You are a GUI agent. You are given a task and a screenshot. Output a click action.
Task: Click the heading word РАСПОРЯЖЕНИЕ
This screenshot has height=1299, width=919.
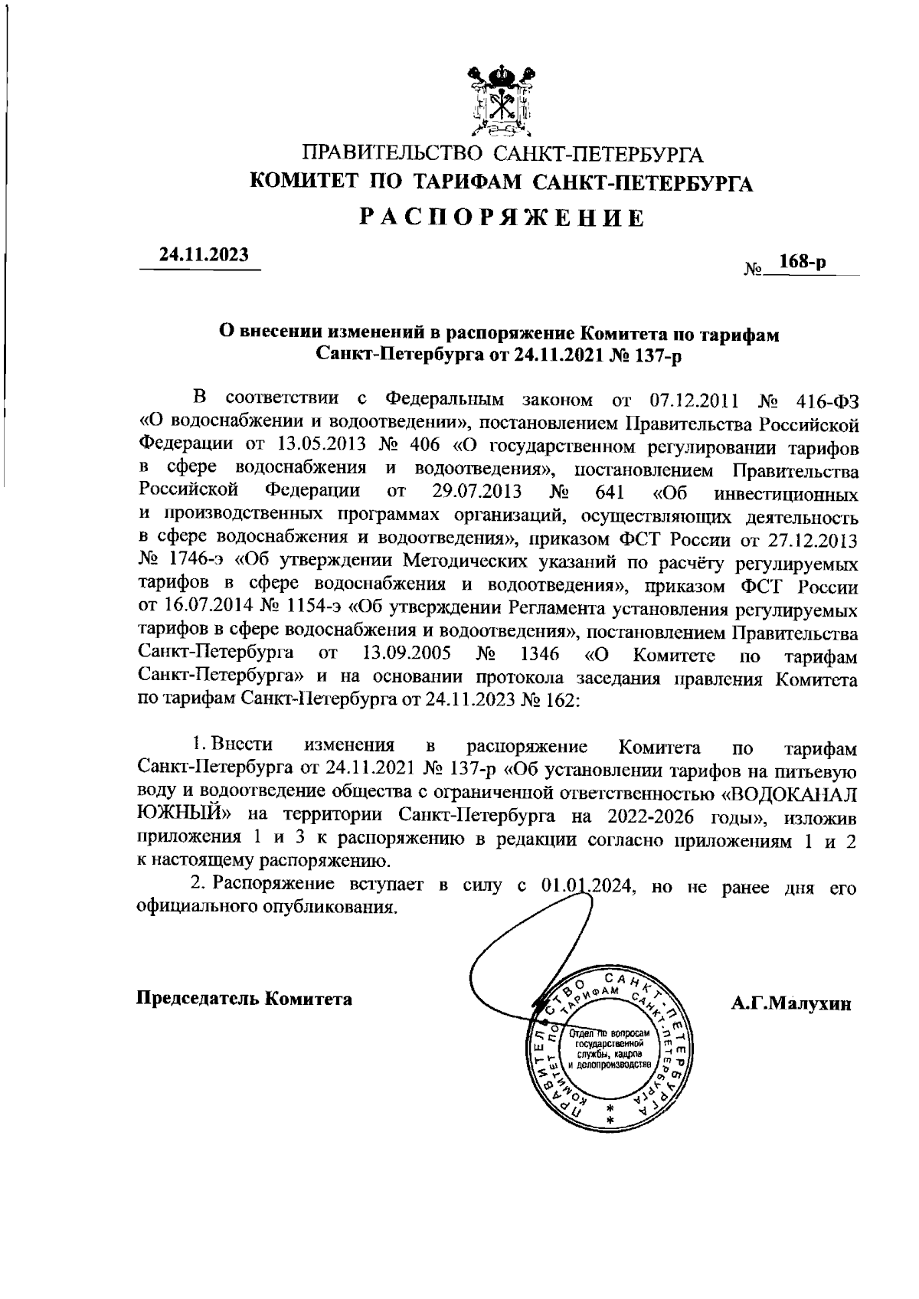pos(502,218)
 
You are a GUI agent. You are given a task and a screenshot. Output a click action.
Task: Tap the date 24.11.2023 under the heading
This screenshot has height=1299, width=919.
pos(204,254)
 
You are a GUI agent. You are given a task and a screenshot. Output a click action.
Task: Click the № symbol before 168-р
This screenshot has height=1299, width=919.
pos(753,269)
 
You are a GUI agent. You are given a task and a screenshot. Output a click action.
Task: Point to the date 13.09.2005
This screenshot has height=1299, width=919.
pos(404,654)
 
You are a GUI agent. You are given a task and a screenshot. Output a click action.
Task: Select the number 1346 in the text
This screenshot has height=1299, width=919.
pos(539,654)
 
